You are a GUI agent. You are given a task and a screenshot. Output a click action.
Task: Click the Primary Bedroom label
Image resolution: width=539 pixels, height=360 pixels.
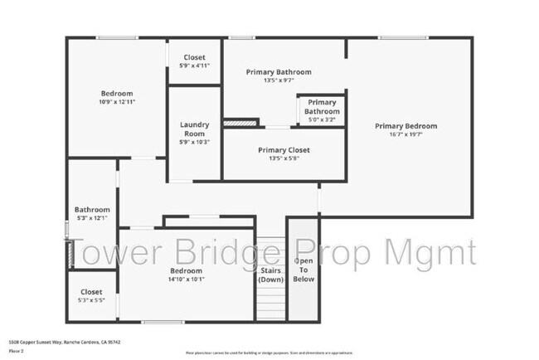[405, 126]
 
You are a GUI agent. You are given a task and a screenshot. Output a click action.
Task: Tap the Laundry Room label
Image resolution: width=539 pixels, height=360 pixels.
[194, 129]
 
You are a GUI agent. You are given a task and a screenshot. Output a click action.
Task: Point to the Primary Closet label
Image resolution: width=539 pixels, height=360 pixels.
[284, 150]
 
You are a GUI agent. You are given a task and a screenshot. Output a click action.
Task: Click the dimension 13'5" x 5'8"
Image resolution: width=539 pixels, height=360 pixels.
[284, 158]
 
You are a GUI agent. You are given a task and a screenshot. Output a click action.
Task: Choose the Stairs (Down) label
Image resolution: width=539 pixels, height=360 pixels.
[270, 275]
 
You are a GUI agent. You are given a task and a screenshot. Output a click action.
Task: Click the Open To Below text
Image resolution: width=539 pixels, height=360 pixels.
[303, 270]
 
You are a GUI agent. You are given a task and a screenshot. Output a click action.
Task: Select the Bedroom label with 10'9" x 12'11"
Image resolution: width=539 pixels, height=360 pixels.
[117, 94]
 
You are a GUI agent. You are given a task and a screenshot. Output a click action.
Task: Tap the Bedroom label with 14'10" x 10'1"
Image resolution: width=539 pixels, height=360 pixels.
[186, 271]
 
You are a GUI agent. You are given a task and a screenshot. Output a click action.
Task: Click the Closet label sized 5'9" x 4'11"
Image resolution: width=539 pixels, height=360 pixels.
[194, 57]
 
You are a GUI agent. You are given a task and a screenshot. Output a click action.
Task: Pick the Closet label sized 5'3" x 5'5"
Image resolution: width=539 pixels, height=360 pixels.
[91, 292]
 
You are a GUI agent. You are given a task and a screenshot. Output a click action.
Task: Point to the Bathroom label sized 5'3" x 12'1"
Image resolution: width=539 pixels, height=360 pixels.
[92, 210]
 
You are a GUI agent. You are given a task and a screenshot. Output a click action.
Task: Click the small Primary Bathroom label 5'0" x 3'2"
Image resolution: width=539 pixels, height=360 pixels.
[321, 107]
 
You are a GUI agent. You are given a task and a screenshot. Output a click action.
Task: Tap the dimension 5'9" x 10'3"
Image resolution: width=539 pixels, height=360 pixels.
[194, 142]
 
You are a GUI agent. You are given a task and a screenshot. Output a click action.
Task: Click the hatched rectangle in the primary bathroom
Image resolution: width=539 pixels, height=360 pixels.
[238, 123]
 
